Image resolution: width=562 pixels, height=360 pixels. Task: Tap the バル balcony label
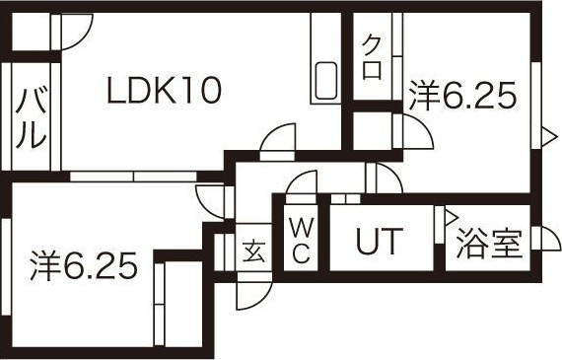[x=31, y=117]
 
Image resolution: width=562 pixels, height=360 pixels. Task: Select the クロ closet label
[x=372, y=57]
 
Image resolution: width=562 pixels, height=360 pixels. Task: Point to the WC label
[x=301, y=241]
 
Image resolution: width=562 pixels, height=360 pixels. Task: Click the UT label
[x=380, y=241]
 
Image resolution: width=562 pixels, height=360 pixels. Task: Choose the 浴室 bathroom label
[x=489, y=244]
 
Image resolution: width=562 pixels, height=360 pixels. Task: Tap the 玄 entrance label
[x=253, y=252]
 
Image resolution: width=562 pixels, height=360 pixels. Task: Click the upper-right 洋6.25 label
[x=462, y=95]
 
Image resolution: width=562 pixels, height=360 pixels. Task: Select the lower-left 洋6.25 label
[x=84, y=265]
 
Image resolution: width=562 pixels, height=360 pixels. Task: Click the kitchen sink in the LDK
[x=325, y=81]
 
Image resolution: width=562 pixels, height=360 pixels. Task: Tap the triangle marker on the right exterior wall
[x=549, y=137]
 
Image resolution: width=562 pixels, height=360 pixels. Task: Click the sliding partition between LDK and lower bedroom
[x=133, y=177]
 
